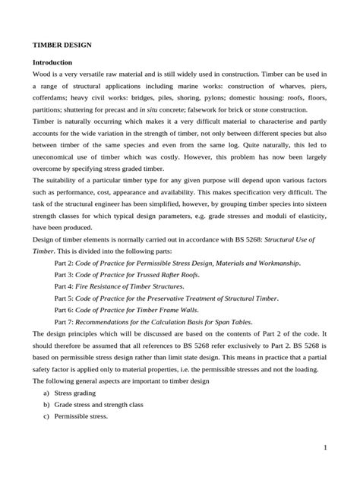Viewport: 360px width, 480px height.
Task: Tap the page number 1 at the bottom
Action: tap(324, 447)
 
